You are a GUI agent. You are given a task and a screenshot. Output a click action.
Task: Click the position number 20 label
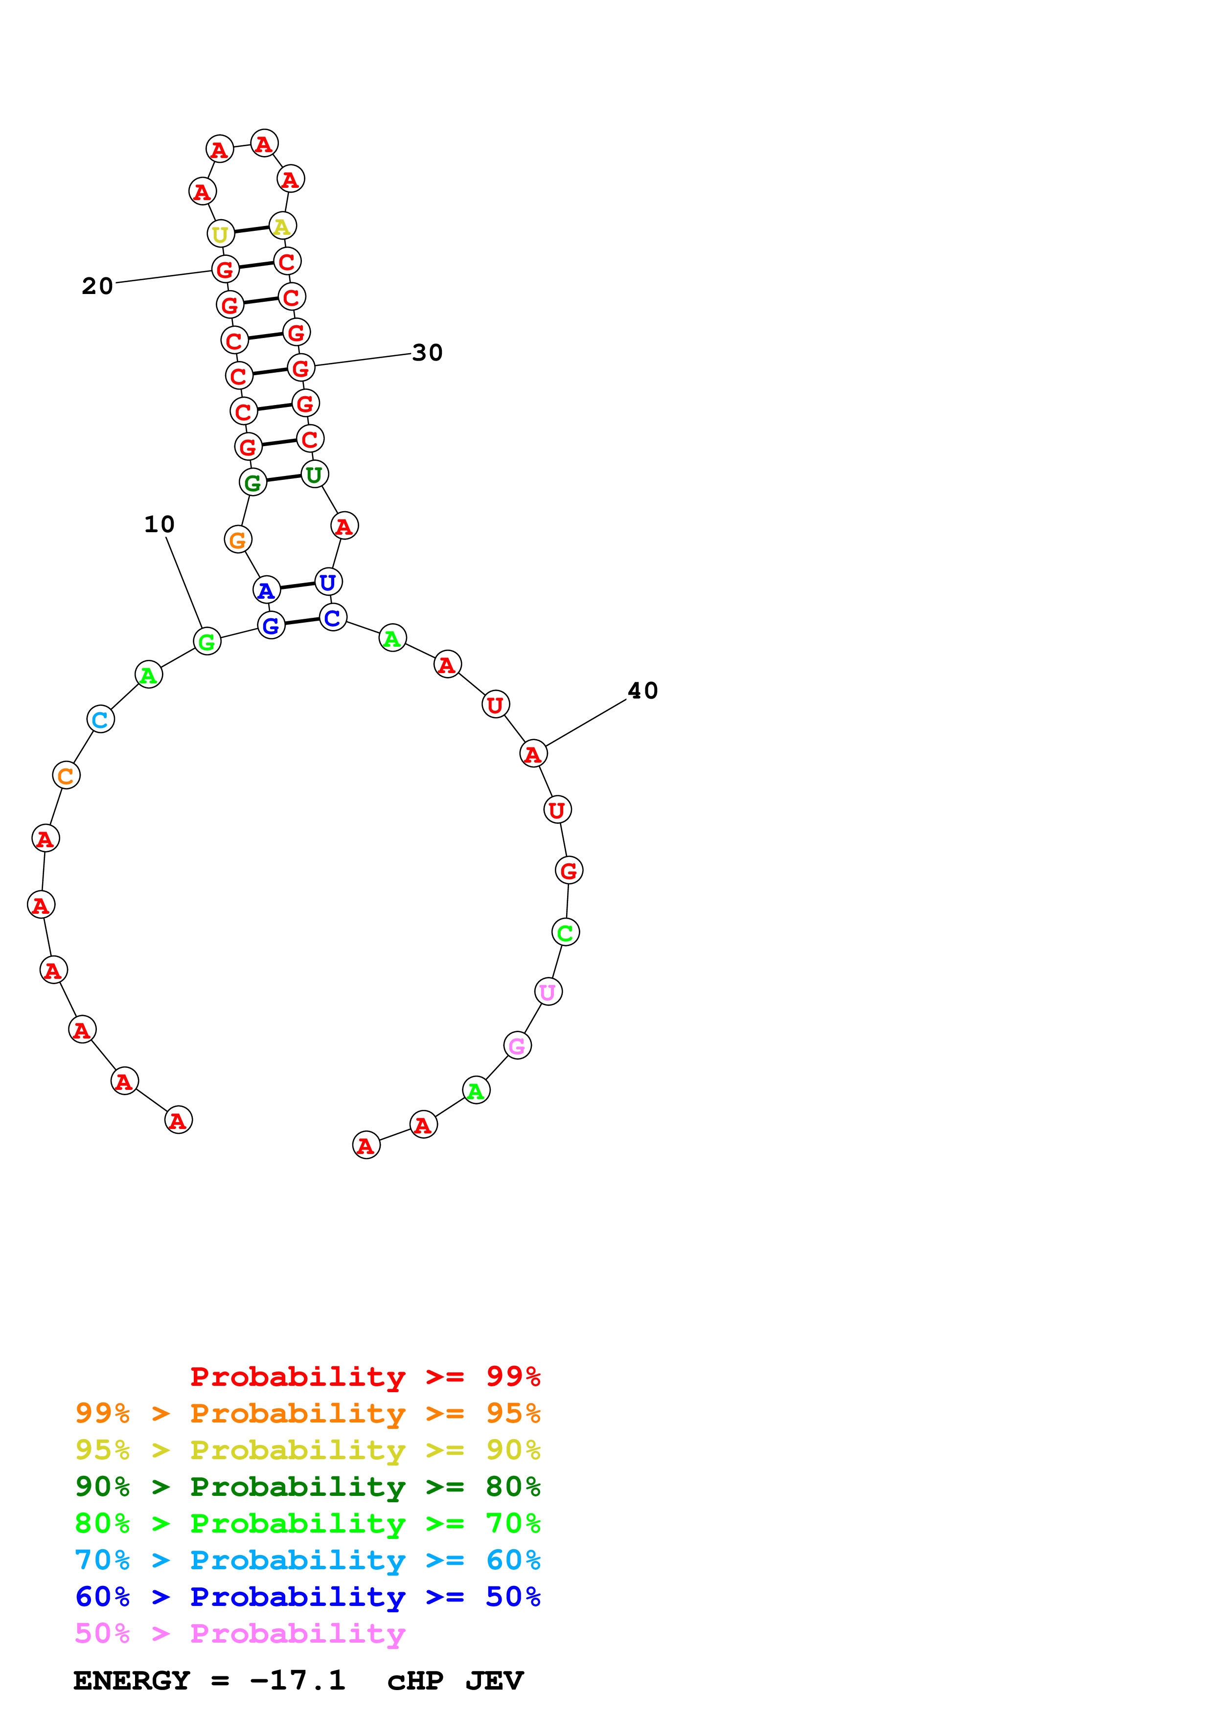point(97,286)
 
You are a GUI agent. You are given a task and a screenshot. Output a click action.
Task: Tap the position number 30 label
point(428,352)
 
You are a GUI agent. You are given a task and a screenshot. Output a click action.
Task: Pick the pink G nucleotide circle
point(517,1045)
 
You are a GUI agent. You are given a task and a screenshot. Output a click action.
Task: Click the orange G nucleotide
point(238,539)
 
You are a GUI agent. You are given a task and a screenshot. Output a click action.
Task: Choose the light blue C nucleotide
point(100,719)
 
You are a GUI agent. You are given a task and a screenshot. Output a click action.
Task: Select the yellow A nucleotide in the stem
point(282,226)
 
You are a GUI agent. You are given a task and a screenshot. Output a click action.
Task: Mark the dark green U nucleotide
point(315,474)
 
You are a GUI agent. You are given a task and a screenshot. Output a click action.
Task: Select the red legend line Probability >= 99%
point(365,1376)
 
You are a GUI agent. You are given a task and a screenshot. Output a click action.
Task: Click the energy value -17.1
point(298,1680)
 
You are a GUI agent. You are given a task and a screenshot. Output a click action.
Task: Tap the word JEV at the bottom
point(494,1681)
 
